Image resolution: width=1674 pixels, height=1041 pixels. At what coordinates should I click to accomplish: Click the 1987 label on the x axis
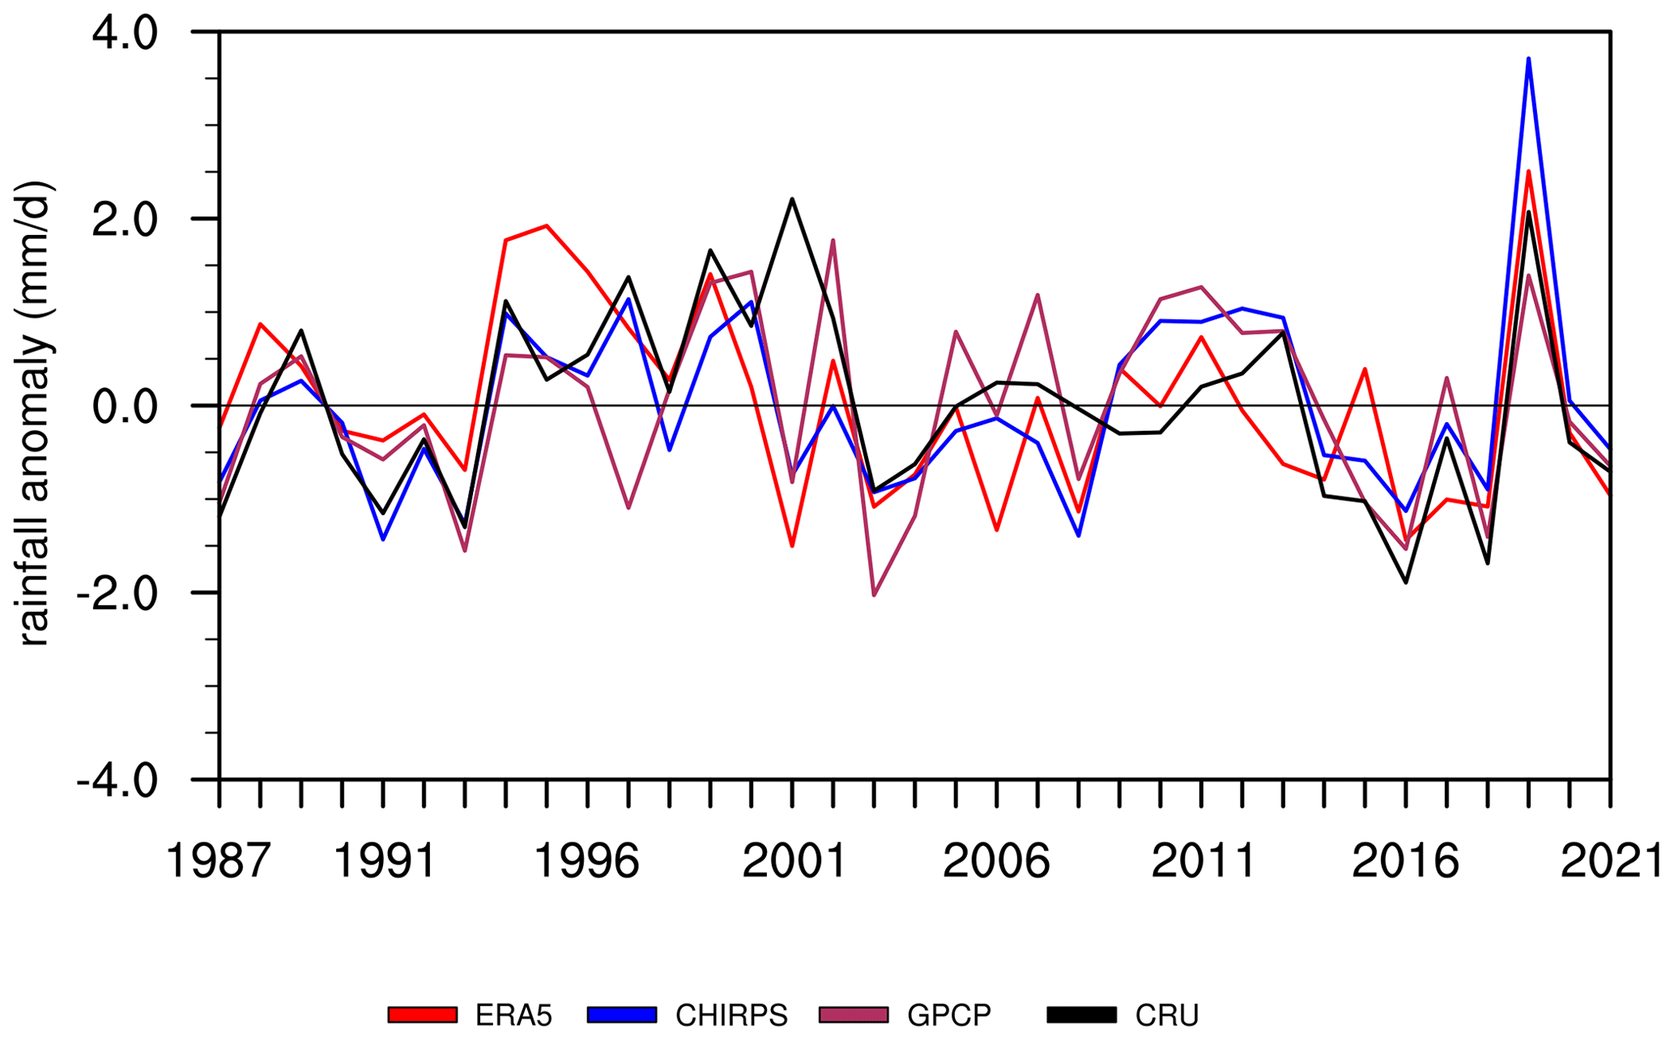(x=217, y=861)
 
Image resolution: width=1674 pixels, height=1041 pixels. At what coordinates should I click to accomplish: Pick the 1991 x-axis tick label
(x=384, y=861)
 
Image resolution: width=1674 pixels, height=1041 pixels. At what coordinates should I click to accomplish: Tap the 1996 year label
(x=587, y=861)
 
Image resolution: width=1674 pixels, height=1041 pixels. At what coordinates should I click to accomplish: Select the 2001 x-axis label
(x=793, y=861)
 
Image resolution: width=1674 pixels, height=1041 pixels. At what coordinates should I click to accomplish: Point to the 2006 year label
(x=996, y=861)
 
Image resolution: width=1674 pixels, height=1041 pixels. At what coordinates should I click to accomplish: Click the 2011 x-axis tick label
(x=1202, y=861)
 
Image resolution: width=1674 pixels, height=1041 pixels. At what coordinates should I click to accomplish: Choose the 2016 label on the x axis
(x=1405, y=861)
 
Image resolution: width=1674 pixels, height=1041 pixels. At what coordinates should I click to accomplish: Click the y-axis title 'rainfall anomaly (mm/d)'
(x=36, y=413)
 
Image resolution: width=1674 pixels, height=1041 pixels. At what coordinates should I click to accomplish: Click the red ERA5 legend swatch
(x=423, y=1015)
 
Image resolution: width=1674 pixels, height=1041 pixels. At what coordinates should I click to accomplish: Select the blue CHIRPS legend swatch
(x=622, y=1015)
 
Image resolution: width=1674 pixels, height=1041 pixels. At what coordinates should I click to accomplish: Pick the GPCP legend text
(x=949, y=1015)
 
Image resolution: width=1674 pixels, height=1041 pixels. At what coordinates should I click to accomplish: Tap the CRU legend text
(x=1166, y=1015)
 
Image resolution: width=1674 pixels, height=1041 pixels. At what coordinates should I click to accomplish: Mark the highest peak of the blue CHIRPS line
(x=1528, y=58)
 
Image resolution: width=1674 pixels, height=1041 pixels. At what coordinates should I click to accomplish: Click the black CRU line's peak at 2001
(x=792, y=198)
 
